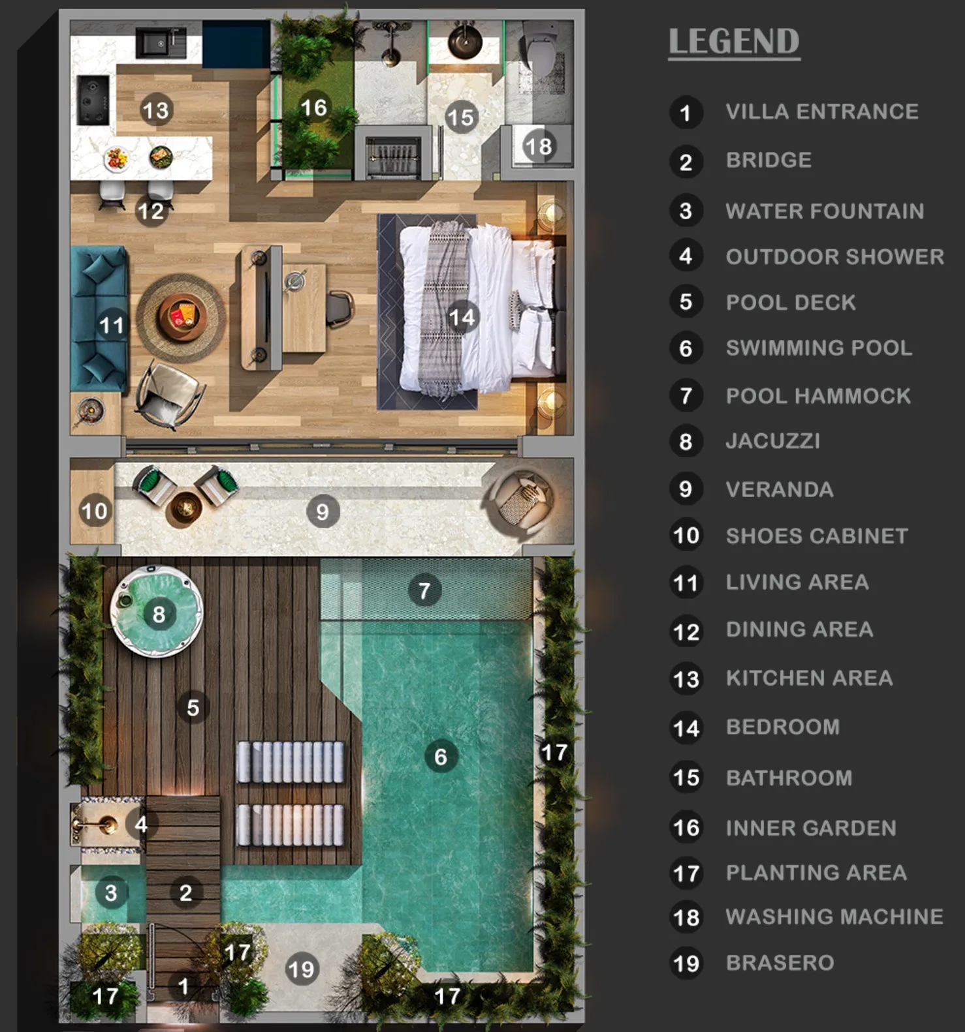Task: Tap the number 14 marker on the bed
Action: click(462, 318)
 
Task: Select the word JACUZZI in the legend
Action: click(773, 441)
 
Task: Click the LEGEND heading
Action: click(734, 42)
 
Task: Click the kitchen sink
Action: click(161, 44)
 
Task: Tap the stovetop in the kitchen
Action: click(93, 100)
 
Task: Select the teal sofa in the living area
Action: click(99, 319)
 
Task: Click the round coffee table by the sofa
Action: click(182, 318)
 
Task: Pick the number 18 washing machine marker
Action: click(538, 146)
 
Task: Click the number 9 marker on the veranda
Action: click(323, 511)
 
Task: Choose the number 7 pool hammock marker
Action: click(424, 590)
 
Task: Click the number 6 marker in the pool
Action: click(441, 757)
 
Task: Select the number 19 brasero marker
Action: click(302, 969)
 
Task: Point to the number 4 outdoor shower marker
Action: click(141, 825)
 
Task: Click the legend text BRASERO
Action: click(780, 963)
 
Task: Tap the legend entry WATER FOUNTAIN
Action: click(825, 211)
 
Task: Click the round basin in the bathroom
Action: click(465, 43)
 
